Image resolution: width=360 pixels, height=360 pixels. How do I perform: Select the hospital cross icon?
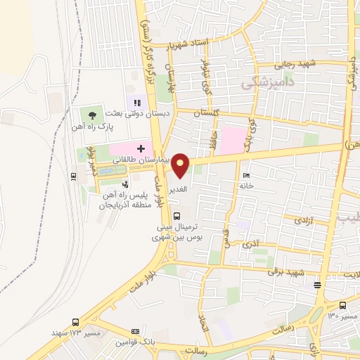(x=141, y=148)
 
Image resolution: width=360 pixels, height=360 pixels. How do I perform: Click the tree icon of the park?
(x=90, y=113)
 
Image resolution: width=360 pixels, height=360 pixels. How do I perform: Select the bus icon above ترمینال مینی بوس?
(x=176, y=216)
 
